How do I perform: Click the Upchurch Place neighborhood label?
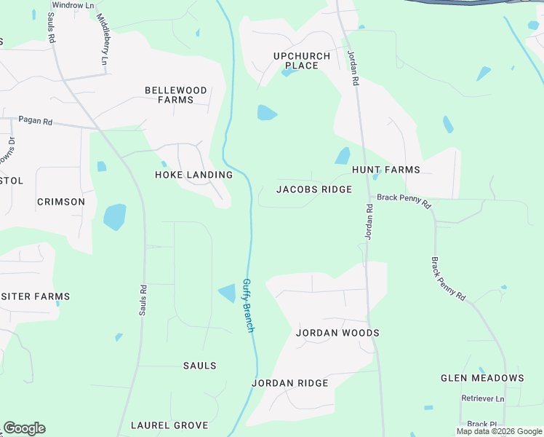coord(302,60)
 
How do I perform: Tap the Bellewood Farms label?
coord(176,95)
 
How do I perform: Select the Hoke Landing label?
coord(194,175)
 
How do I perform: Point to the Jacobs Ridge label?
coord(314,189)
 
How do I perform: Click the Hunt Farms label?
coord(386,170)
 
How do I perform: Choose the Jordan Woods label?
coord(337,333)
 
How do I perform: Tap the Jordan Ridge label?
coord(290,383)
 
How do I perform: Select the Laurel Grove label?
coord(169,425)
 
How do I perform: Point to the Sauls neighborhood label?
coord(199,366)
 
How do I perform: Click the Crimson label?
coord(61,202)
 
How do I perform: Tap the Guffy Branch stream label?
coord(249,305)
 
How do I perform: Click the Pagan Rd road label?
coord(35,121)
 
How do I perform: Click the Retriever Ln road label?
coord(482,398)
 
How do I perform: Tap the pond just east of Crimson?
coord(114,216)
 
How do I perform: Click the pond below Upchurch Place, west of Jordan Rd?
coord(266,113)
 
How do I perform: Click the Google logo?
coord(24,428)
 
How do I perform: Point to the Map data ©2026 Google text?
coord(499,431)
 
